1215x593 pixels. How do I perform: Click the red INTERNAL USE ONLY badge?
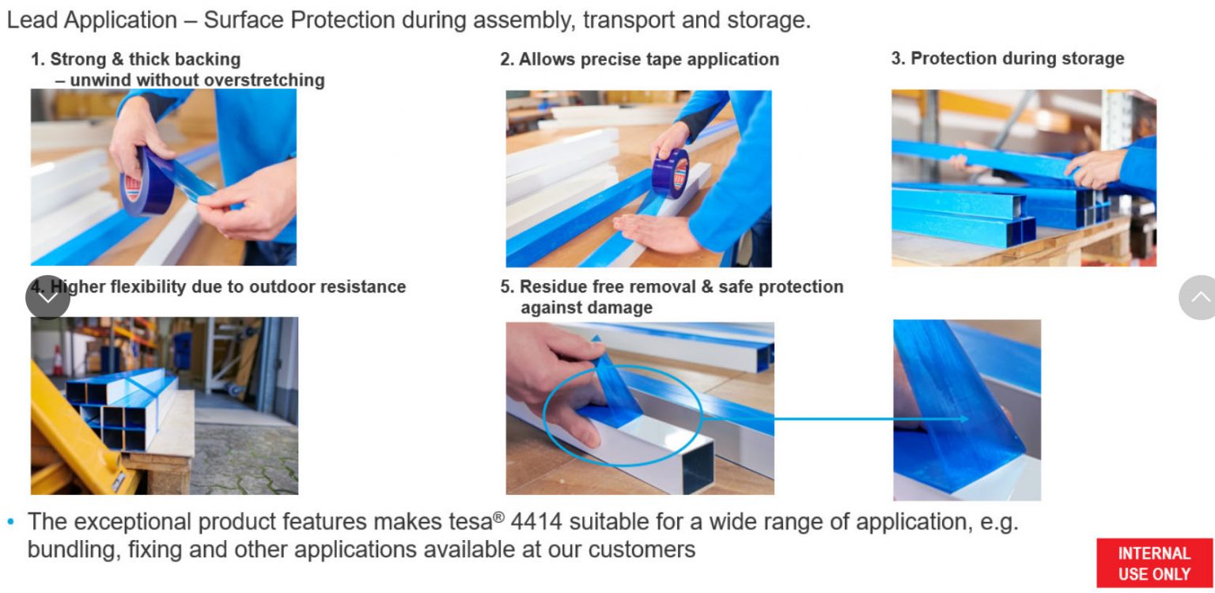(1154, 563)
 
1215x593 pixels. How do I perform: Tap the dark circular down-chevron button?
(47, 297)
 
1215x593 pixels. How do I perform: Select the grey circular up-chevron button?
(1198, 297)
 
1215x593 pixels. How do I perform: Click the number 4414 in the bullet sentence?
(536, 522)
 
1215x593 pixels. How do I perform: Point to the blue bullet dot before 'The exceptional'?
(11, 522)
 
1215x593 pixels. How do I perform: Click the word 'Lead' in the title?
(32, 20)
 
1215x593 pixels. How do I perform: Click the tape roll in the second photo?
(671, 173)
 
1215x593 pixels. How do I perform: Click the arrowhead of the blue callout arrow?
(963, 418)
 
